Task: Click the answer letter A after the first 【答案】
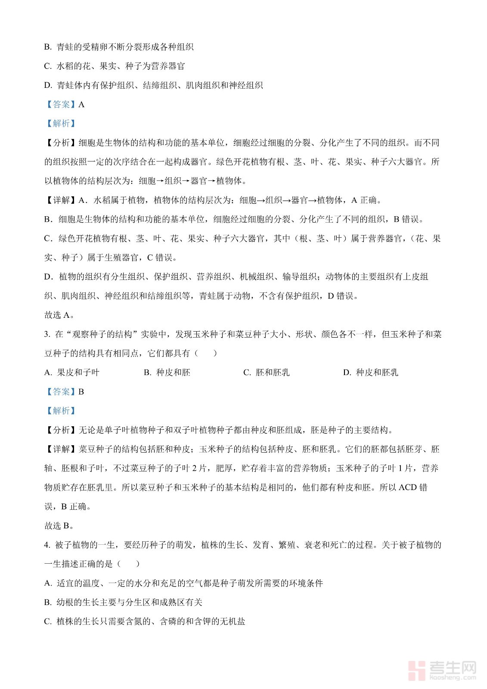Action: [x=82, y=105]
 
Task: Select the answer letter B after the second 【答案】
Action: [x=81, y=392]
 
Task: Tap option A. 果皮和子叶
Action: [x=71, y=372]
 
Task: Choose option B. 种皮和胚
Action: [x=167, y=372]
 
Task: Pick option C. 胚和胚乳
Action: [x=266, y=372]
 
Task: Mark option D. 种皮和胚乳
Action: [x=370, y=372]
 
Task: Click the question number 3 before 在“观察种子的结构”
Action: [x=47, y=335]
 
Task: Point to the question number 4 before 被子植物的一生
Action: [x=47, y=545]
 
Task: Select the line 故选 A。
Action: [x=59, y=315]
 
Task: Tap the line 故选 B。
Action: [x=59, y=526]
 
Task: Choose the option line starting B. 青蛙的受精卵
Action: [x=119, y=47]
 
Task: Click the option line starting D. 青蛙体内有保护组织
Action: [x=153, y=85]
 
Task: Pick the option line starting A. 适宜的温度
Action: [x=183, y=583]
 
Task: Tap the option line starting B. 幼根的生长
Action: [x=123, y=602]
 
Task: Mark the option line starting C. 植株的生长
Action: [x=145, y=622]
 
